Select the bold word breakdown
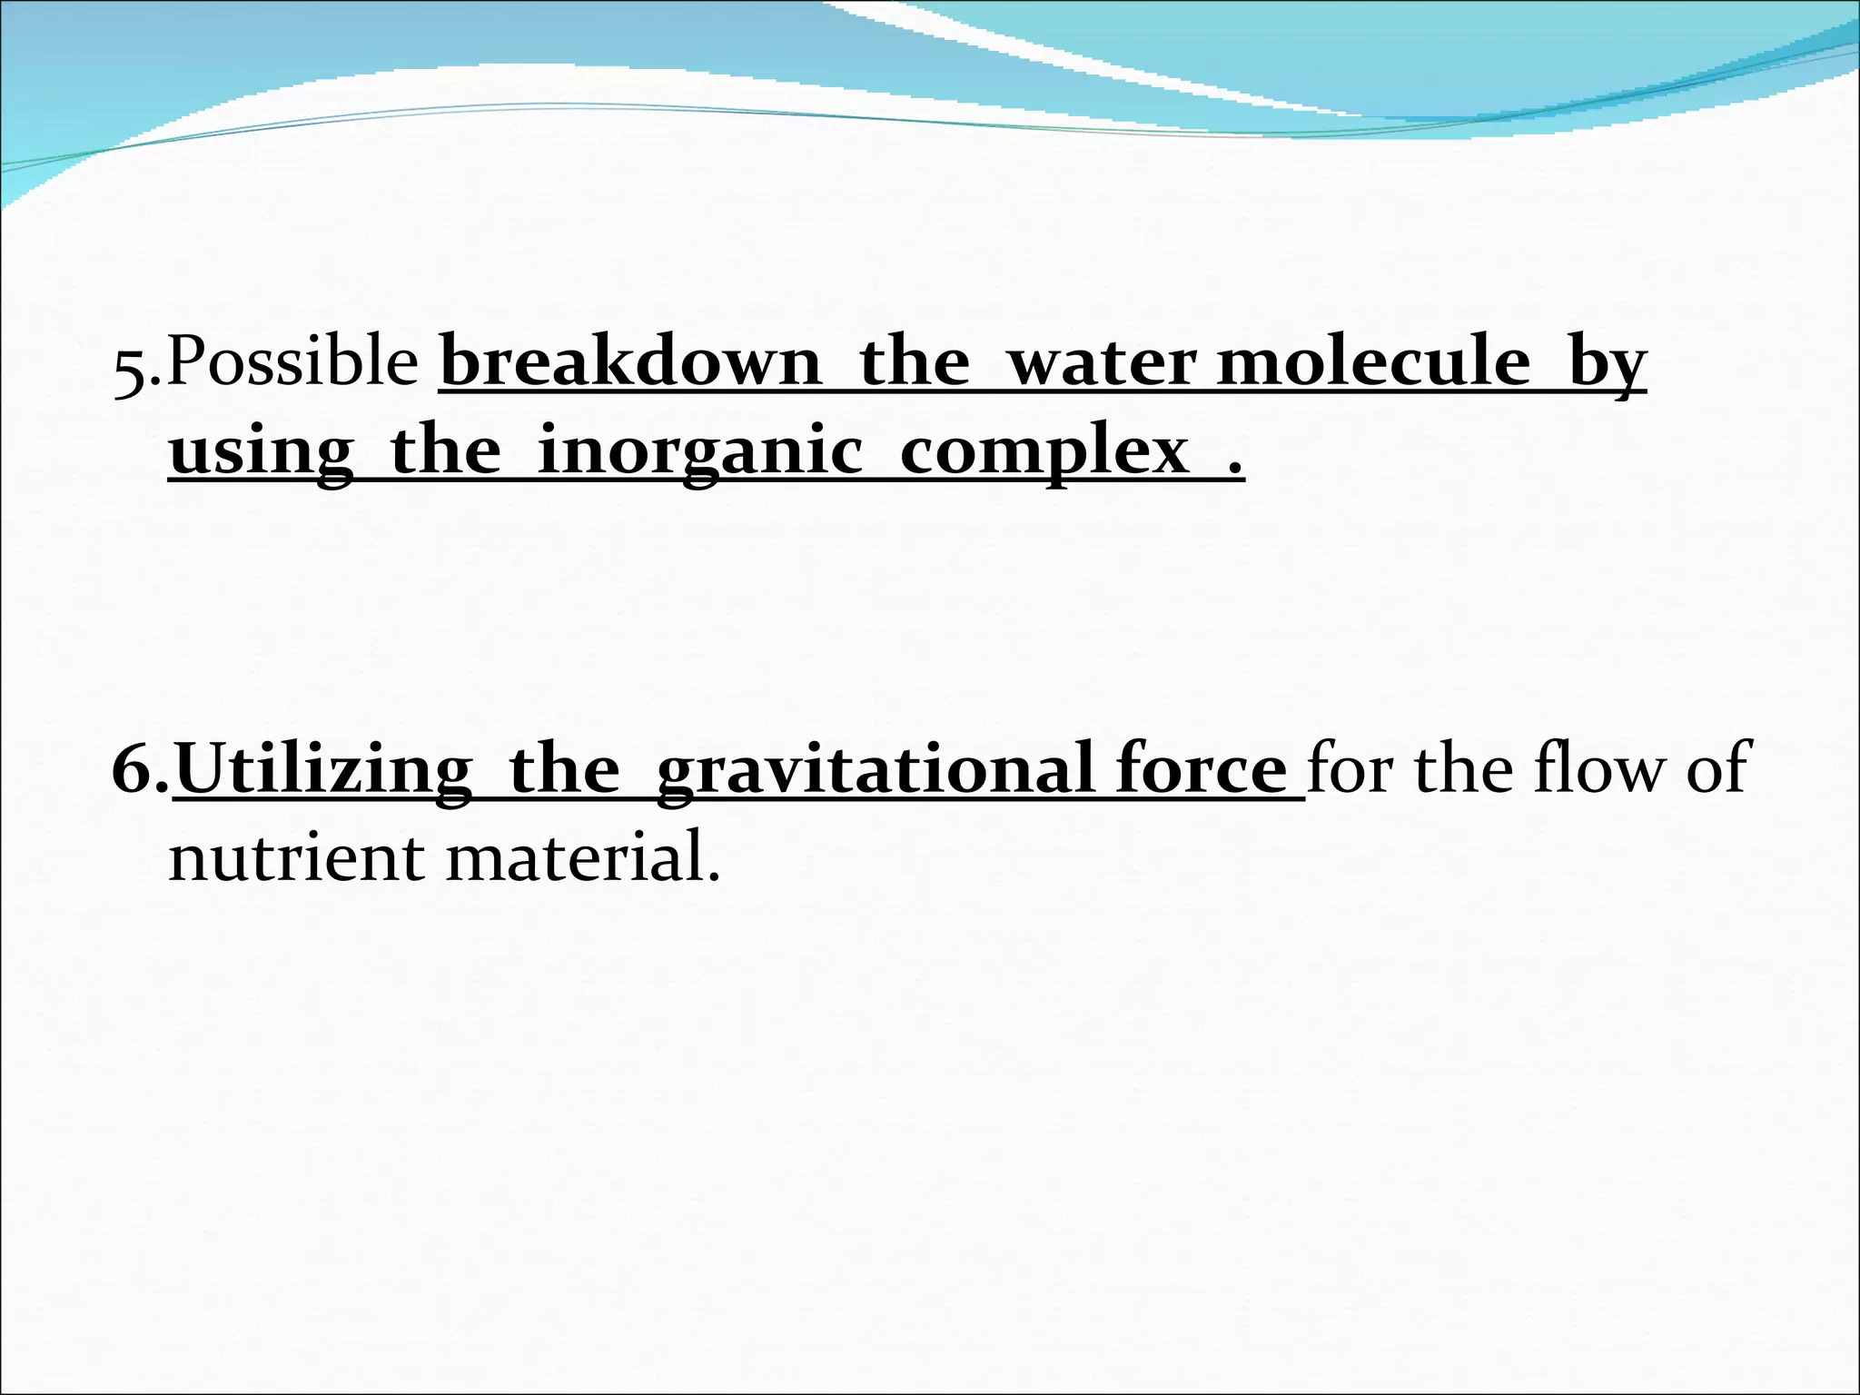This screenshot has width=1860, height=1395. click(630, 361)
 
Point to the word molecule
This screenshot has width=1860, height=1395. click(1373, 361)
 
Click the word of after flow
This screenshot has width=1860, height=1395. click(1717, 768)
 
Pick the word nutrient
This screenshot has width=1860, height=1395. click(296, 857)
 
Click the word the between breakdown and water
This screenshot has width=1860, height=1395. click(914, 361)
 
